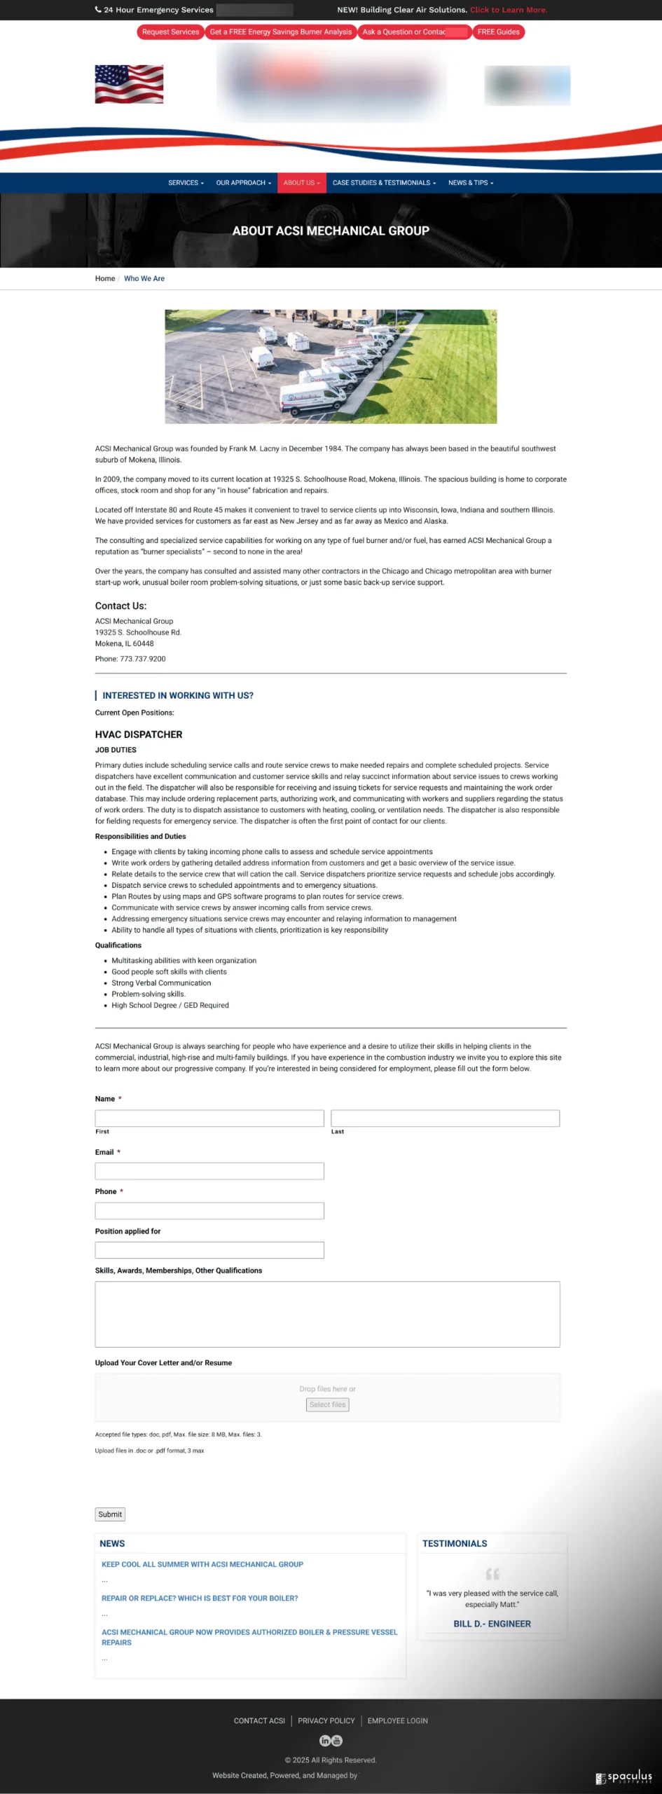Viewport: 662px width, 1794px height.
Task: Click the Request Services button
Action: tap(170, 32)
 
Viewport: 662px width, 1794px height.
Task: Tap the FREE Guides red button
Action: tap(498, 32)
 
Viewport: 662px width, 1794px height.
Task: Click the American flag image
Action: tap(129, 84)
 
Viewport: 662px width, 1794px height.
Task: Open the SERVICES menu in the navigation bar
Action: tap(186, 183)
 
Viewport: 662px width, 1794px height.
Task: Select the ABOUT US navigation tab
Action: tap(301, 183)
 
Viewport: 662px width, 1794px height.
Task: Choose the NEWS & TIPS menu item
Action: tap(470, 183)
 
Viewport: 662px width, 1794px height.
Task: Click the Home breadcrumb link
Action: tap(105, 279)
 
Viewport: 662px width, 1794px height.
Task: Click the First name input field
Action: tap(209, 1118)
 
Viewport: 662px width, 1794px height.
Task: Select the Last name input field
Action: tap(445, 1118)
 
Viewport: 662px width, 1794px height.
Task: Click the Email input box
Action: tap(209, 1171)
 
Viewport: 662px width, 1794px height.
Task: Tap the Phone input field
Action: tap(209, 1211)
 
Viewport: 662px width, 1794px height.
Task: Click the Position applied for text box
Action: tap(209, 1250)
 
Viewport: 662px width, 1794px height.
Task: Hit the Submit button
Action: tap(110, 1514)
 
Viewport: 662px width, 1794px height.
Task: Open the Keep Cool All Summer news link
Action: tap(202, 1564)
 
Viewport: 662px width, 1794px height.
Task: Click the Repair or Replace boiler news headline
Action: tap(200, 1598)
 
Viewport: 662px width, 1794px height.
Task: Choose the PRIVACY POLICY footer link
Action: tap(326, 1721)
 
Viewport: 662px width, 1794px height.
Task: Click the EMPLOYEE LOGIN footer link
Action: tap(397, 1721)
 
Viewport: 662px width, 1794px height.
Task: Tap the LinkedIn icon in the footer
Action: tap(325, 1741)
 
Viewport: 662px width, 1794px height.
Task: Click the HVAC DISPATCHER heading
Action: tap(139, 734)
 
